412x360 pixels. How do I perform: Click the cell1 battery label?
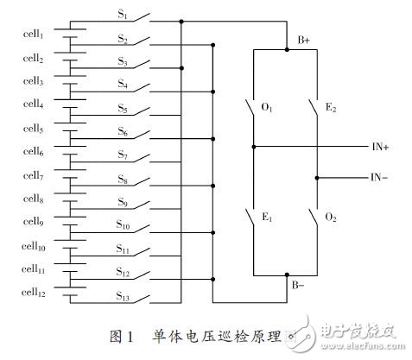39,35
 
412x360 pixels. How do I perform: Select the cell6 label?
38,152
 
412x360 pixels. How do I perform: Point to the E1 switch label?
269,218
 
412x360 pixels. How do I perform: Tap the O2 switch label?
332,218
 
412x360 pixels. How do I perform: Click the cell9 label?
38,223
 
